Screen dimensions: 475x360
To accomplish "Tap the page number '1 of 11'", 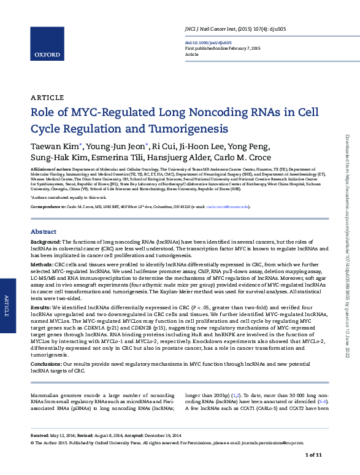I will pyautogui.click(x=313, y=455).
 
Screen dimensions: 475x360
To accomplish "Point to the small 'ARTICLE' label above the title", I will pyautogui.click(x=47, y=98).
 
